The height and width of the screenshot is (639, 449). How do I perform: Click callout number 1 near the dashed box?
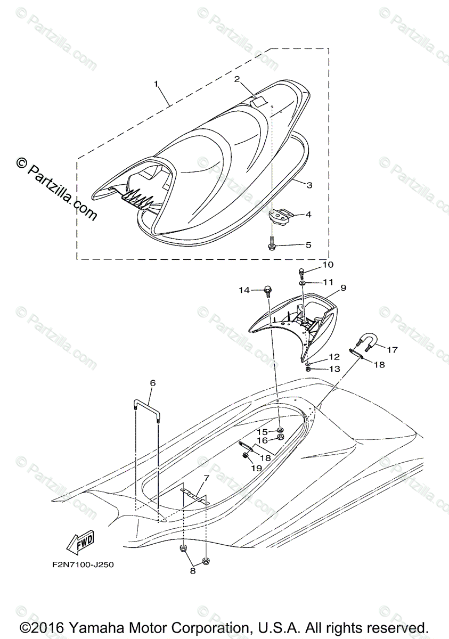[x=157, y=84]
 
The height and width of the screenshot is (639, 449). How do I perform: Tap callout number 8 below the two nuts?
[x=193, y=571]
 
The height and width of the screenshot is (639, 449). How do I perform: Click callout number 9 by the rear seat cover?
[x=344, y=288]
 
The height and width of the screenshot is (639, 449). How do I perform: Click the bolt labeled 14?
[x=267, y=290]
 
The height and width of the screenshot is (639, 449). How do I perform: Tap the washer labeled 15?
[x=280, y=430]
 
